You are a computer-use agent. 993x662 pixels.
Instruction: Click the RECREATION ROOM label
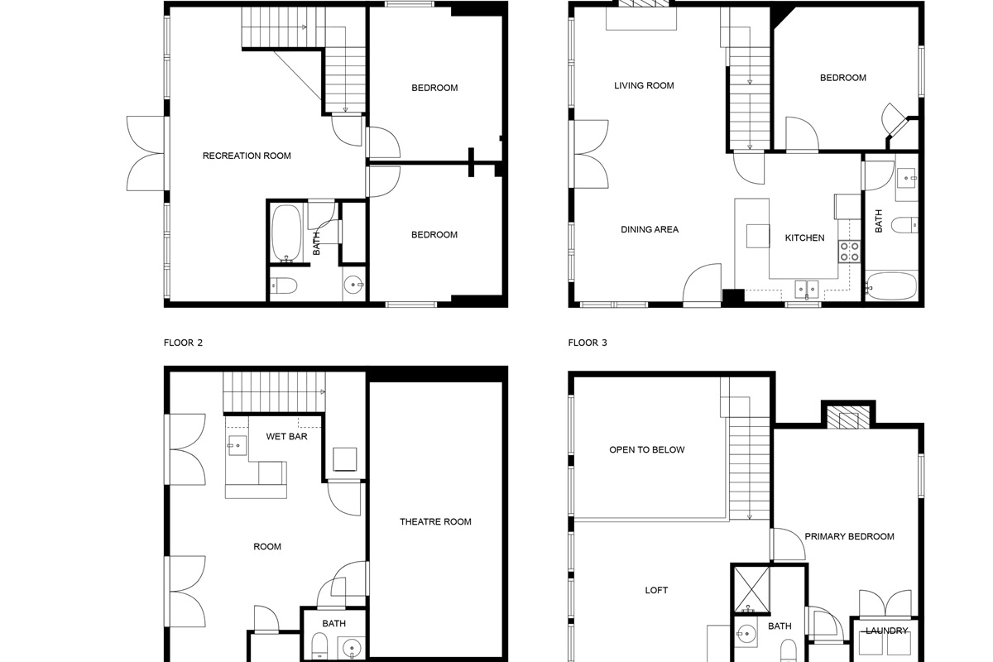coord(247,156)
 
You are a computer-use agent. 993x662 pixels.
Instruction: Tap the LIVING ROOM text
coord(644,85)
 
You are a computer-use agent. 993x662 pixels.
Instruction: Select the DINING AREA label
coord(650,229)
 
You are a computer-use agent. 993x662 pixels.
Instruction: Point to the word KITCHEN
coord(804,238)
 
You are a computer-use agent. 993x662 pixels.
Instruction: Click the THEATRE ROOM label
coord(435,521)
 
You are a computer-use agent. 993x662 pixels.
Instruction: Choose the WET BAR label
coord(286,436)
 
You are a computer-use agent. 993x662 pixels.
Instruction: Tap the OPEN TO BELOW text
coord(646,450)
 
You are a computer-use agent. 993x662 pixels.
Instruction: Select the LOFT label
coord(656,590)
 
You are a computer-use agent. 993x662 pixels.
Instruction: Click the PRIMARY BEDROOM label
coord(849,536)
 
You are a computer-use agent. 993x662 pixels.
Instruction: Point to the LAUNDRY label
coord(886,631)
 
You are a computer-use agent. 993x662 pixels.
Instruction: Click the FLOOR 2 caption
coord(183,342)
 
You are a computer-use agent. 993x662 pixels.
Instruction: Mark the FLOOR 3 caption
coord(588,342)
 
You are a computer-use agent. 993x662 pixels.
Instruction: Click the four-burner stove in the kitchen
coord(850,252)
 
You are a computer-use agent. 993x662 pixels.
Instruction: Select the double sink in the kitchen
coord(806,289)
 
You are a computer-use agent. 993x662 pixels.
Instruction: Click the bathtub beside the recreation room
coord(286,233)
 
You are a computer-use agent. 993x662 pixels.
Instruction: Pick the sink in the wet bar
coord(237,445)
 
